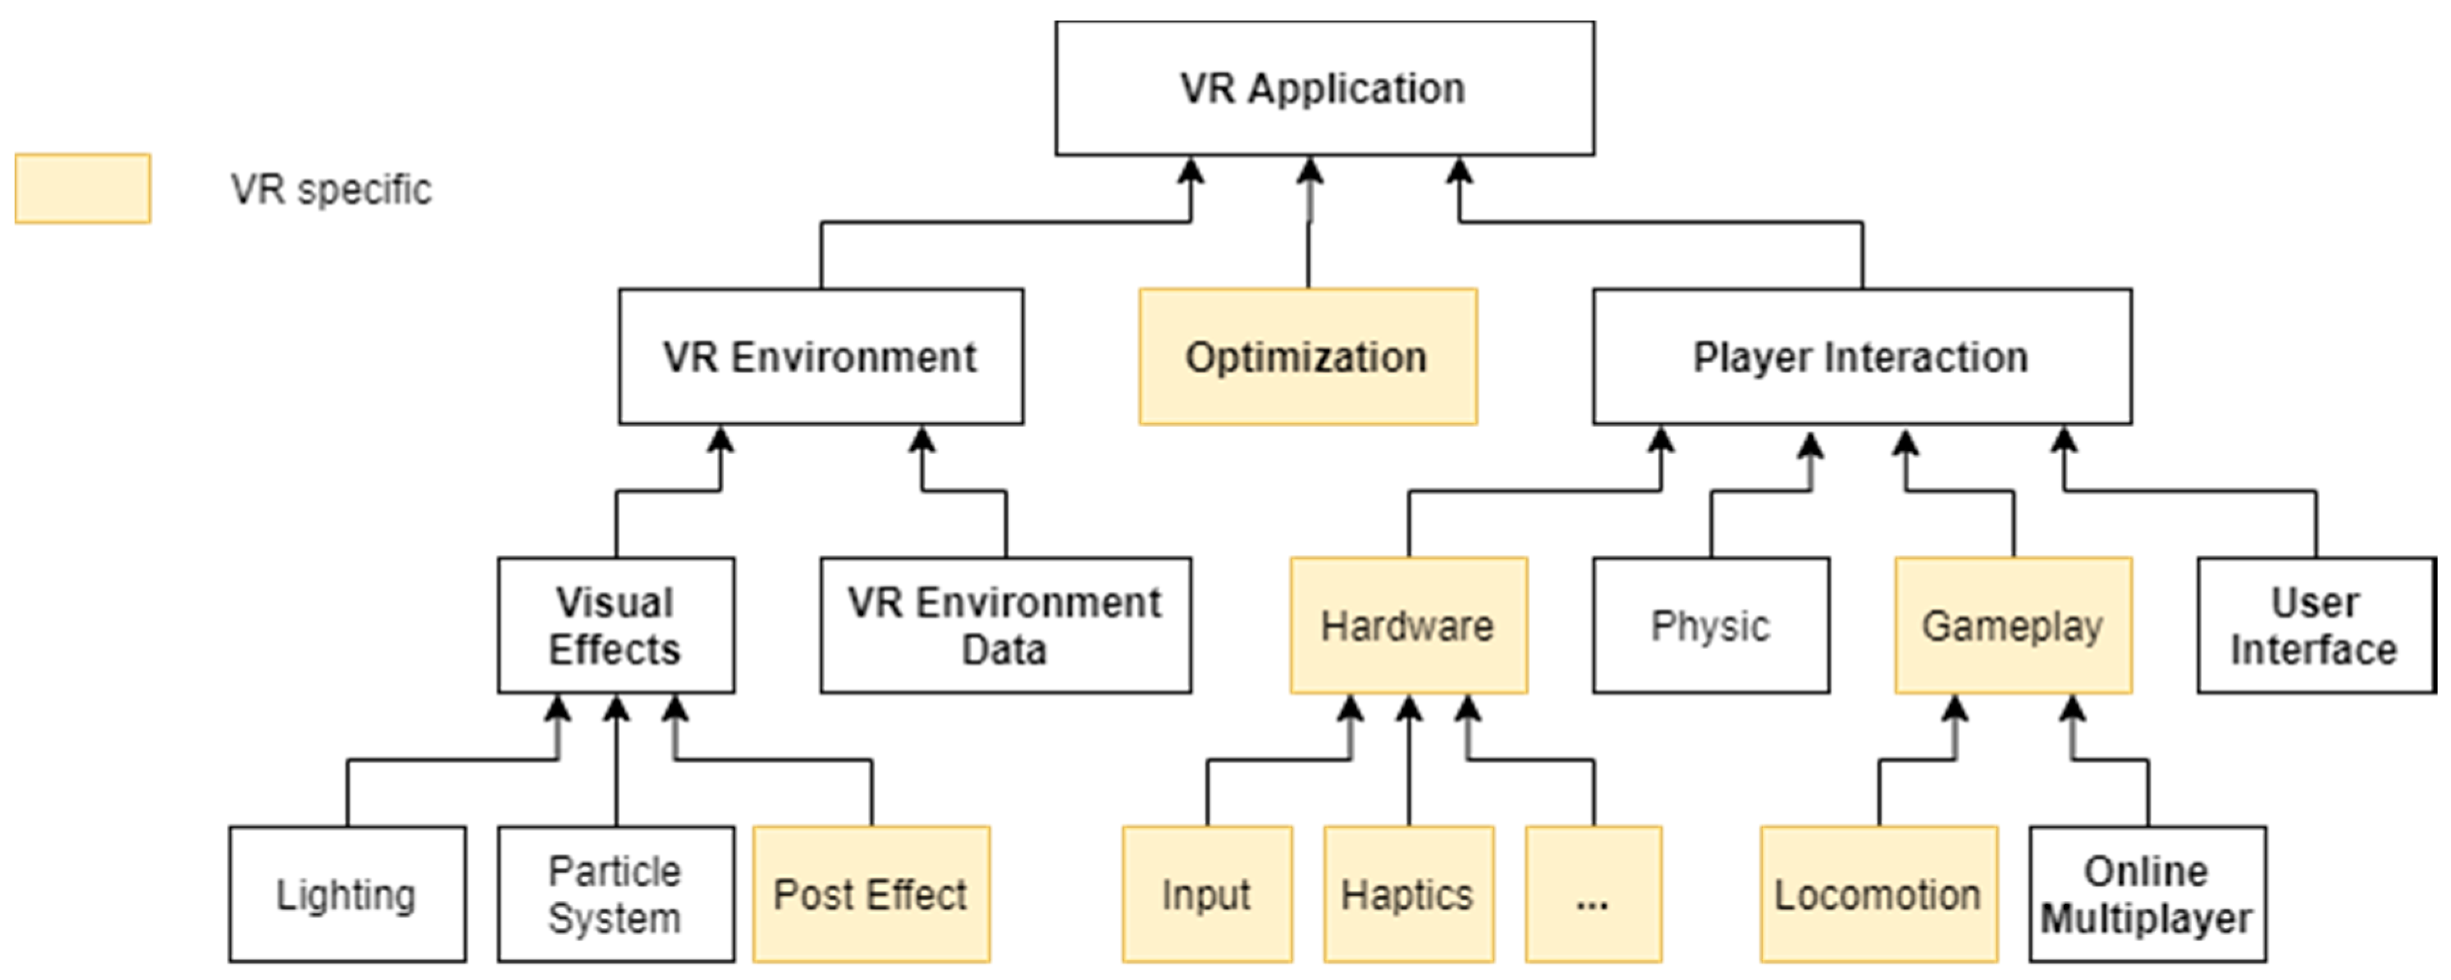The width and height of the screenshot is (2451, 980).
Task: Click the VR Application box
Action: tap(1325, 88)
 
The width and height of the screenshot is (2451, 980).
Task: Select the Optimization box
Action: tap(1307, 357)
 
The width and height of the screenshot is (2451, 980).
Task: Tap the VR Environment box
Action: tap(820, 357)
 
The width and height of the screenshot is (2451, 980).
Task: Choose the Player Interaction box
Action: tap(1861, 357)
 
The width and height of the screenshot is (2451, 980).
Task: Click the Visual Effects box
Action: tap(616, 625)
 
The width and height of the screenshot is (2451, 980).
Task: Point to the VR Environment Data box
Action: tap(1005, 625)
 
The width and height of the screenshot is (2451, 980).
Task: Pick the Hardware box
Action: tap(1408, 625)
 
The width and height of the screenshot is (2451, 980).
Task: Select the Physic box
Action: tap(1710, 625)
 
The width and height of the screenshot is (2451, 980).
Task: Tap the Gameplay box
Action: tap(2013, 625)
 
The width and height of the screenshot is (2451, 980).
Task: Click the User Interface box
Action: tap(2315, 625)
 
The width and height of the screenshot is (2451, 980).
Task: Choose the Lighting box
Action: tap(347, 894)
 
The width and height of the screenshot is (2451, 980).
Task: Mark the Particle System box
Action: tap(616, 894)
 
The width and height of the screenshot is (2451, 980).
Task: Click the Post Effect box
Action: tap(870, 894)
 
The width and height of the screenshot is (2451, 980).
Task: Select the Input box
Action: tap(1206, 894)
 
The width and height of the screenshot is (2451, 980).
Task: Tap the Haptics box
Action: tap(1408, 894)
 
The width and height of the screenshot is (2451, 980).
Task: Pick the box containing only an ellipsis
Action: tap(1593, 894)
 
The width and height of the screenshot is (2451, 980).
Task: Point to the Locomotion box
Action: tap(1878, 894)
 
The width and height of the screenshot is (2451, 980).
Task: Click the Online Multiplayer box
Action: tap(2146, 894)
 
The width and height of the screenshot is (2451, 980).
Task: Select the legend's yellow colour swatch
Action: tap(83, 188)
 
